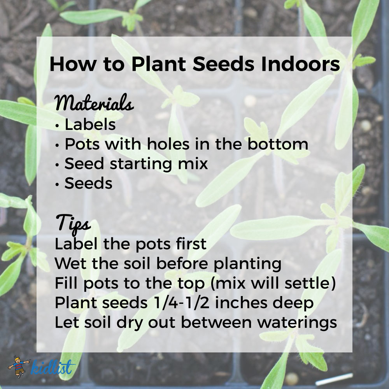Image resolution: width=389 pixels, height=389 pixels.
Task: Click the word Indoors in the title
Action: [x=300, y=64]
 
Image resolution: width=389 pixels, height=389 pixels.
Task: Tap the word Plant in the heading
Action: [x=159, y=64]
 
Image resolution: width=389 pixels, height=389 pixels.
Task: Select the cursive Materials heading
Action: [x=94, y=103]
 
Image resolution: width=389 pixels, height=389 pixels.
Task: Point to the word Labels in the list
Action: [x=90, y=124]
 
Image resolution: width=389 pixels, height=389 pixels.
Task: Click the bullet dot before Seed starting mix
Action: [x=57, y=165]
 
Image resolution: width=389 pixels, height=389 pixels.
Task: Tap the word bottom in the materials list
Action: [x=278, y=144]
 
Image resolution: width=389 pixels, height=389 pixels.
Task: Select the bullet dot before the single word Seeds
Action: [x=57, y=184]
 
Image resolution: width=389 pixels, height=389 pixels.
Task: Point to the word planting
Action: [x=247, y=264]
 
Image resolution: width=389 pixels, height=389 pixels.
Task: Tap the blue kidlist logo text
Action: [x=52, y=367]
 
